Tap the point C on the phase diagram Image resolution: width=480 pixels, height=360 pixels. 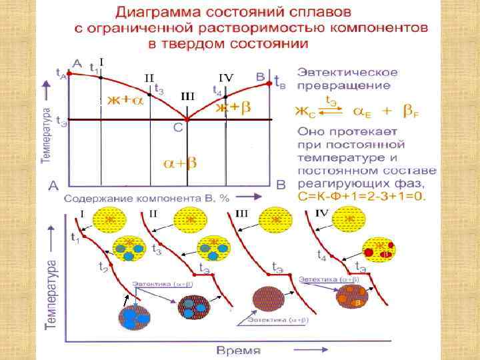187,121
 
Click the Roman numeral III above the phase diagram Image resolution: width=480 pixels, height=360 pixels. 188,96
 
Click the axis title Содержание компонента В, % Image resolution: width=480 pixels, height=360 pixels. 147,199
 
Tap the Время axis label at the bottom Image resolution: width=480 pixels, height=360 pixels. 239,350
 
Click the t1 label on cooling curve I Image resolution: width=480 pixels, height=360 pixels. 75,237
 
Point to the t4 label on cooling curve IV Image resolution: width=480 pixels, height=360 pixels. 321,255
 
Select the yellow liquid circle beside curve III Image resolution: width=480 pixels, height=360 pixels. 272,219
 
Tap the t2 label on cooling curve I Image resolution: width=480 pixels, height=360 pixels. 103,267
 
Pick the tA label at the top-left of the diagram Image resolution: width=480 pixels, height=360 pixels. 61,71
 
